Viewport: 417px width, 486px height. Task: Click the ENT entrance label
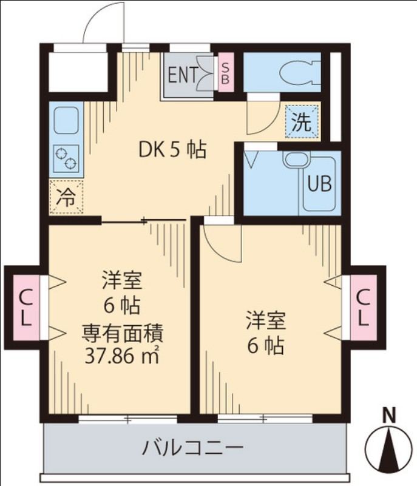click(x=182, y=75)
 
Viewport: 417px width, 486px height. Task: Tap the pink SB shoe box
click(x=225, y=73)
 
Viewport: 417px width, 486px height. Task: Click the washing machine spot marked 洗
click(x=301, y=123)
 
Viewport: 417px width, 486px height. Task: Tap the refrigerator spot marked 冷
click(x=66, y=197)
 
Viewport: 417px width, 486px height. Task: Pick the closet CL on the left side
click(x=25, y=307)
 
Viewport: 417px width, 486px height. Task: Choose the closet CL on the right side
click(x=362, y=307)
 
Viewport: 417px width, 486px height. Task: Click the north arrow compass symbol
click(x=388, y=450)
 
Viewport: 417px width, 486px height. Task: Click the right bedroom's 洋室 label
click(x=265, y=319)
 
